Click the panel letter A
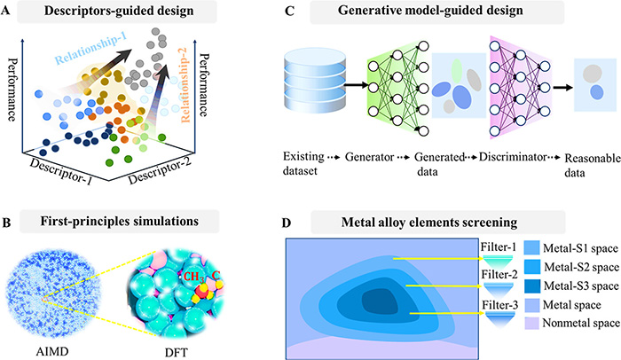point(5,11)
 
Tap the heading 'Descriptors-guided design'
point(119,11)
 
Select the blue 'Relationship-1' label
point(90,48)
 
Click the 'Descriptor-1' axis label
point(61,171)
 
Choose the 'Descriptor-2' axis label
point(160,170)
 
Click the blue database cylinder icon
point(315,81)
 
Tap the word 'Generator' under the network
point(370,157)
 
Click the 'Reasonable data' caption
point(592,165)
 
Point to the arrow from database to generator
point(356,84)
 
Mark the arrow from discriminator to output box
point(562,87)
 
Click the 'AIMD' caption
point(52,351)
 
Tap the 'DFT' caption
point(176,352)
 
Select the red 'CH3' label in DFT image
point(193,277)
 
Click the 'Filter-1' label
point(499,247)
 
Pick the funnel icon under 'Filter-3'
point(499,320)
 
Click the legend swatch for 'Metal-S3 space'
point(531,286)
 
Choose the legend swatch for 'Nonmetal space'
point(531,323)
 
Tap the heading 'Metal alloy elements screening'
point(429,223)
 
